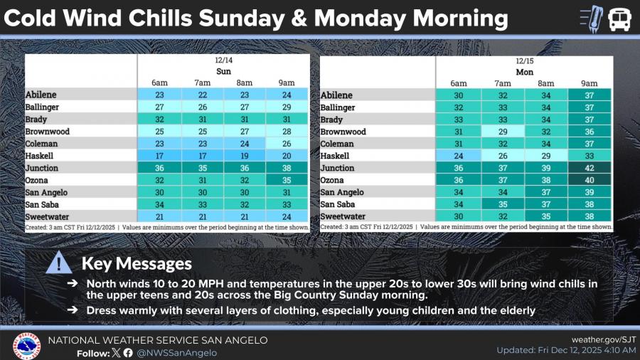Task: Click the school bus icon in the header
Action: coord(619,18)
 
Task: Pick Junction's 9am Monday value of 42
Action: coord(589,168)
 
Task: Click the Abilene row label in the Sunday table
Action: coord(41,95)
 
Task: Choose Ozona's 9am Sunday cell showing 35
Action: coord(287,180)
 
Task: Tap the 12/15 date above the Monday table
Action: coord(523,61)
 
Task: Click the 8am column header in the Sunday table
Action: coord(245,83)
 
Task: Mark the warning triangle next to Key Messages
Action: coord(58,265)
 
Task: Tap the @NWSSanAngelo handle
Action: coord(177,353)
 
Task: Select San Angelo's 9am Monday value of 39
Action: coord(589,192)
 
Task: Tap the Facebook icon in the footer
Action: coord(128,353)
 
